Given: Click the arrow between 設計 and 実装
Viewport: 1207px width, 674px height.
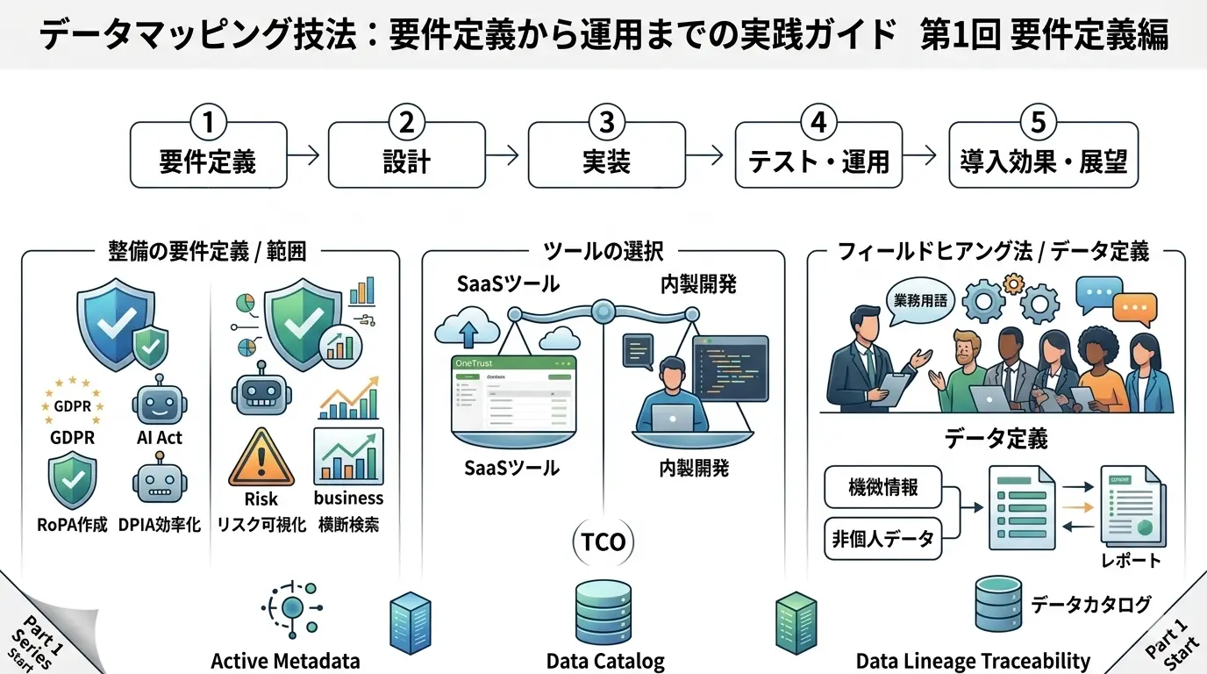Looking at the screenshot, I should [502, 156].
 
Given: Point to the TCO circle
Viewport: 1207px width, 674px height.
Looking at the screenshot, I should [604, 541].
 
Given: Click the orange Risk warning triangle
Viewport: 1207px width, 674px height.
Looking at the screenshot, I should [261, 458].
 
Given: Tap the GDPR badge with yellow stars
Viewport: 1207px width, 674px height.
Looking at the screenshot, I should [72, 405].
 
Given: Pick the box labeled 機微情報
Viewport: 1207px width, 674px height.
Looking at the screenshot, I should [883, 488].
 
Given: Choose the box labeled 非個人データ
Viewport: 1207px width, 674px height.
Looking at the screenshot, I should [883, 539].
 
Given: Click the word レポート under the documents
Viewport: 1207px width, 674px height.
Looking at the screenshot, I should [1131, 560].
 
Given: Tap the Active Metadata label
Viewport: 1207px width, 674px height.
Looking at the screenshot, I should [285, 661].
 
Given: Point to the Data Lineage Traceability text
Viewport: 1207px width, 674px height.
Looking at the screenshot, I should [973, 661].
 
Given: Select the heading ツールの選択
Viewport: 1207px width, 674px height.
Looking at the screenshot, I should [603, 252].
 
